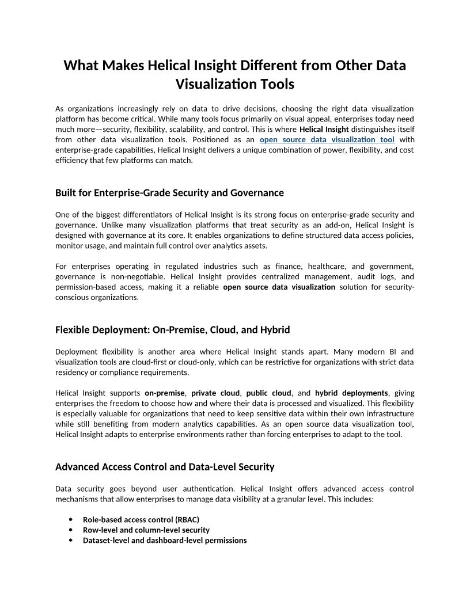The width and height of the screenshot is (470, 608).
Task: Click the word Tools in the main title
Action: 274,84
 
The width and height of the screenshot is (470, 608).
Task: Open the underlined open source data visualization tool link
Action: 327,139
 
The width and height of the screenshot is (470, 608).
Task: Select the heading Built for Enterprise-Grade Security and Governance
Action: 169,192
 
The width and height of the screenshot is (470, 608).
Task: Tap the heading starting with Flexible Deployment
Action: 172,330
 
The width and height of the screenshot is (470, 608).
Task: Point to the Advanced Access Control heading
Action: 165,467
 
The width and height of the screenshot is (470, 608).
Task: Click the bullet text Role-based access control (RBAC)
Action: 141,519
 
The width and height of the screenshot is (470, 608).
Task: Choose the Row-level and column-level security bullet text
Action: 146,530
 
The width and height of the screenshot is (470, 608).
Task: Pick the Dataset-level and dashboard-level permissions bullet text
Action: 165,540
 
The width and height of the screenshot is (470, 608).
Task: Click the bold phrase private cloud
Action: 215,393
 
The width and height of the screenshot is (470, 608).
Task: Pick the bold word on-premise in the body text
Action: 165,393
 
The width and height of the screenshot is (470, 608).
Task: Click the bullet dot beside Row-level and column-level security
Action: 71,530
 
